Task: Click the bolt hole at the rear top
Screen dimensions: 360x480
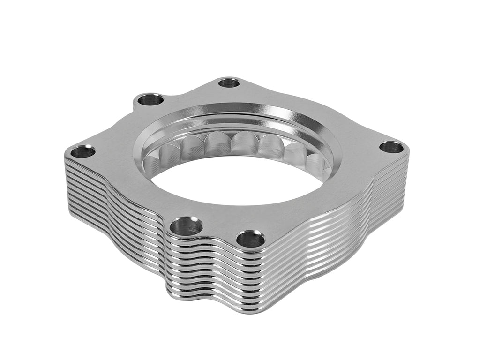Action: pyautogui.click(x=229, y=83)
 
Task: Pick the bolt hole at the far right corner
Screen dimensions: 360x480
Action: pyautogui.click(x=391, y=147)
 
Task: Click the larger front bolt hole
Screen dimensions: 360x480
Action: pyautogui.click(x=186, y=226)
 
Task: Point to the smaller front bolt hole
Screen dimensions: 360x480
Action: pyautogui.click(x=250, y=239)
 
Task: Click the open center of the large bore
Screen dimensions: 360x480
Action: pyautogui.click(x=234, y=183)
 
